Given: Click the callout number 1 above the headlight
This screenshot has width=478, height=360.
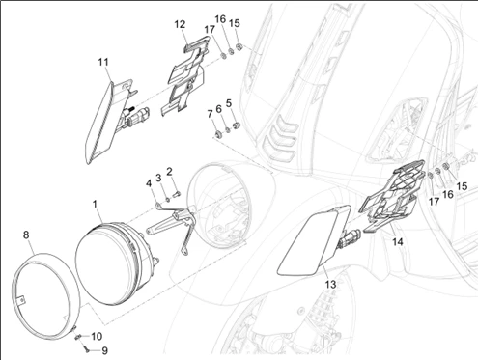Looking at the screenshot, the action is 95,204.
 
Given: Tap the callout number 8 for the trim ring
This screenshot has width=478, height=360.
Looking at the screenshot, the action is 26,235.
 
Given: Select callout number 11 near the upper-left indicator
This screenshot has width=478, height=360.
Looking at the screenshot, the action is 103,62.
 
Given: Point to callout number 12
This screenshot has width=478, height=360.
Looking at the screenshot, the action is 181,24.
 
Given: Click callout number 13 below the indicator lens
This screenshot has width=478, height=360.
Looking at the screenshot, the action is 330,285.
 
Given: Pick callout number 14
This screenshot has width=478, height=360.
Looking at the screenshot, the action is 398,241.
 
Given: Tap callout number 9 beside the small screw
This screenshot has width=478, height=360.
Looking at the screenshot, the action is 104,350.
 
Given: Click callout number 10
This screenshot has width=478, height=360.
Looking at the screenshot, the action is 97,337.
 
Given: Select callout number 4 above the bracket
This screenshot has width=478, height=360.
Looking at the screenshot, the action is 149,183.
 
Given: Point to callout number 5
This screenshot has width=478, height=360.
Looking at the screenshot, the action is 229,103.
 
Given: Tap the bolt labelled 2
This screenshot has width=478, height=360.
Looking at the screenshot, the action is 178,193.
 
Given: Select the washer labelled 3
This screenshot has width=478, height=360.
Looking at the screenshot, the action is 168,200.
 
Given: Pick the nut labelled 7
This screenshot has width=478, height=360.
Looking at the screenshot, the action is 217,133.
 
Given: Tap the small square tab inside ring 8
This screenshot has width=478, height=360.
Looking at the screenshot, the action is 21,300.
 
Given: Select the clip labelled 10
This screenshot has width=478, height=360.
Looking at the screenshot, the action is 77,337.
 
